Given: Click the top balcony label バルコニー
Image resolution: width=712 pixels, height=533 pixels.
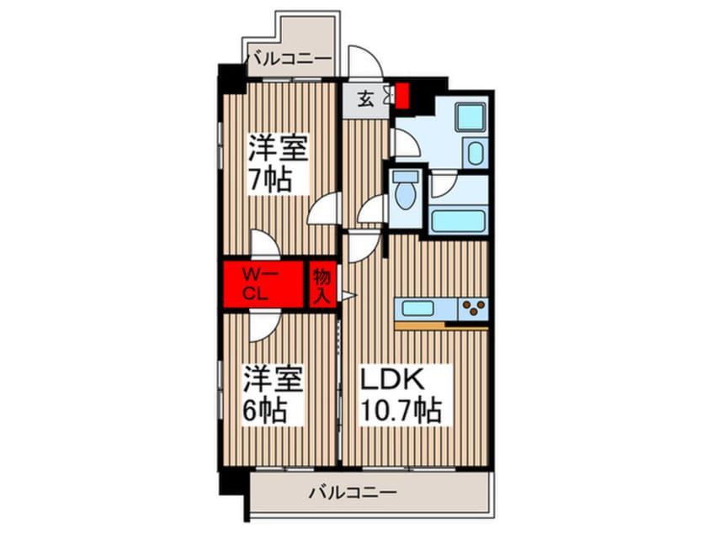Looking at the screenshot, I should (289, 59).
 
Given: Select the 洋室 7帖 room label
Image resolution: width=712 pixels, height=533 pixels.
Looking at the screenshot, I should (277, 165).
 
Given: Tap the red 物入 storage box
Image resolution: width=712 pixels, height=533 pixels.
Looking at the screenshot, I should (321, 284).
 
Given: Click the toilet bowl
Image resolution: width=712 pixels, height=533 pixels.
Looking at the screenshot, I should (406, 193).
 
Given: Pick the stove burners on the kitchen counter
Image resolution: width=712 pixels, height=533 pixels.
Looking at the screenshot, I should (473, 309).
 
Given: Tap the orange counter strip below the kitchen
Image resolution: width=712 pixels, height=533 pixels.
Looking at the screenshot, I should (441, 325).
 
